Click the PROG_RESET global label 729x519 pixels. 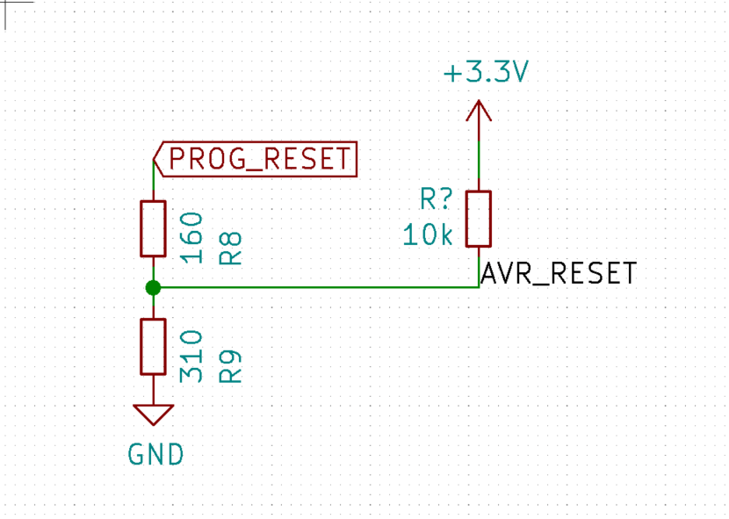pos(256,159)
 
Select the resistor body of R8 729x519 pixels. pos(153,228)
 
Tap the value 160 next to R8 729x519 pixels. pos(191,237)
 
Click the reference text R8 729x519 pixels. pos(229,249)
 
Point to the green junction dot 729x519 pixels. pos(153,287)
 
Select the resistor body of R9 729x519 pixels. pos(153,346)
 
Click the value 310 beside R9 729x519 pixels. pos(191,356)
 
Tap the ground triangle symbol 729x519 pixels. pos(153,413)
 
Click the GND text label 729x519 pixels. pos(155,455)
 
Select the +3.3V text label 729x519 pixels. pos(485,74)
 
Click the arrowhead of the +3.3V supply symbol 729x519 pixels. pos(479,111)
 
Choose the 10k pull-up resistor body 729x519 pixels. pos(479,219)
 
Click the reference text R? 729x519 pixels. pos(436,200)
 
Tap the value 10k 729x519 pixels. pos(429,234)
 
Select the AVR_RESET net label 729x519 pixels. pos(558,274)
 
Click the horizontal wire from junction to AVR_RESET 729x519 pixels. pos(316,287)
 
